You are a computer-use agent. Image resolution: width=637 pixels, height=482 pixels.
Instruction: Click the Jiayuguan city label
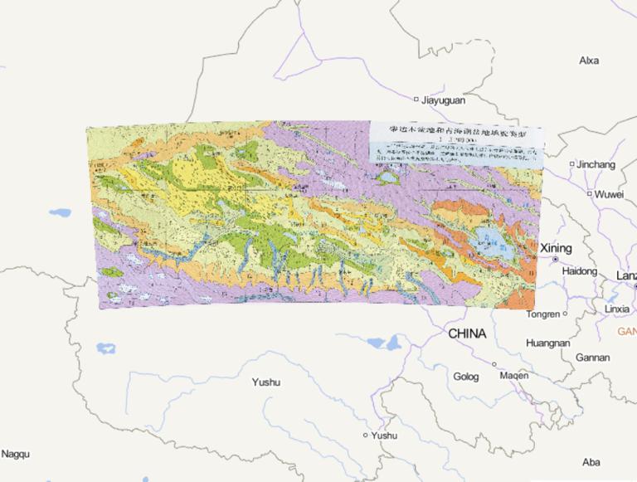click(444, 100)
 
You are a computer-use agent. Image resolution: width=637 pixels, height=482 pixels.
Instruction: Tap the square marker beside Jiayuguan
click(416, 100)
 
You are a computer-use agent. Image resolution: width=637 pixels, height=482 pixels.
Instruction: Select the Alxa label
click(589, 61)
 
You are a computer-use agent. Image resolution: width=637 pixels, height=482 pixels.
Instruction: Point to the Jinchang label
click(597, 164)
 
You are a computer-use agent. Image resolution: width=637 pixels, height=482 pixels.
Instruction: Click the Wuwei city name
click(608, 194)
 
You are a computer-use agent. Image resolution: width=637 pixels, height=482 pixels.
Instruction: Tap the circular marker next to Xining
click(555, 260)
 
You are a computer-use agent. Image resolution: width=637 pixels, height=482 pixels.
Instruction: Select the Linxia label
click(617, 309)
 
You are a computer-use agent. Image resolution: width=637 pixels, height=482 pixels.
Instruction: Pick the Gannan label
click(593, 358)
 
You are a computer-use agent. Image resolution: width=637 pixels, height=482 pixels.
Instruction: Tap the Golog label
click(466, 377)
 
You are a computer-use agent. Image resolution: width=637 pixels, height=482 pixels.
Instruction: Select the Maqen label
click(514, 375)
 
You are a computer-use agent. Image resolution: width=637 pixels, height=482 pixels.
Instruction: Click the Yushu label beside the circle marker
click(384, 436)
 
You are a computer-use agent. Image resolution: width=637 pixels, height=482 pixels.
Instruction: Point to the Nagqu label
click(15, 454)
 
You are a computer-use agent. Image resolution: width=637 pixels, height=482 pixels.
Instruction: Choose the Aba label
click(591, 462)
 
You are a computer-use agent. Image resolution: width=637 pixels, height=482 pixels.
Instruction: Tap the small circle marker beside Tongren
click(565, 314)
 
